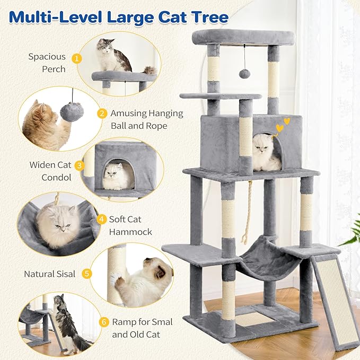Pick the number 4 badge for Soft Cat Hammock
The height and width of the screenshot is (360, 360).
pos(100,218)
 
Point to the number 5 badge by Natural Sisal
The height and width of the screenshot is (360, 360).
pos(87,274)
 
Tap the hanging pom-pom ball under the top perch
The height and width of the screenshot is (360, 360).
pos(244,73)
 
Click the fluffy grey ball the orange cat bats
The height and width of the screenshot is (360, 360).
pos(71,112)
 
